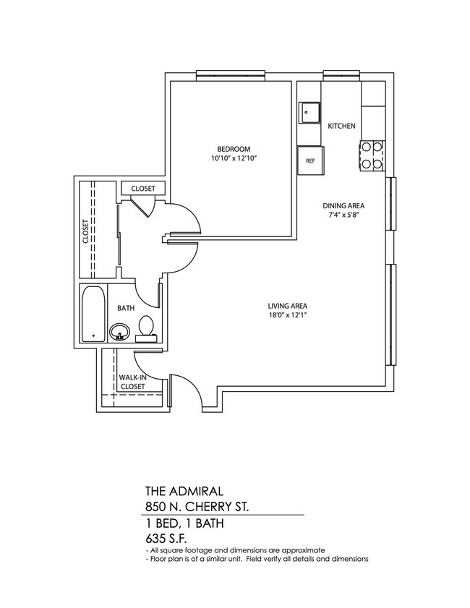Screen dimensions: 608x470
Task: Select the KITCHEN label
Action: tap(341, 126)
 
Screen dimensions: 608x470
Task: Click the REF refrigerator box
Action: tap(311, 160)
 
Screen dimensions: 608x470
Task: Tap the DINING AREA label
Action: tap(342, 205)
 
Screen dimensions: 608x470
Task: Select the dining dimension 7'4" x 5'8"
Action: tap(342, 215)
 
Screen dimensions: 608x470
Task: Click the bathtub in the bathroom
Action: tap(94, 314)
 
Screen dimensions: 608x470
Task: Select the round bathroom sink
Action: tap(120, 333)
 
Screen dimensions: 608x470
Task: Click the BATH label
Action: tap(126, 308)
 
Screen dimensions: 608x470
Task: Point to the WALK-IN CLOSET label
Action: tap(132, 382)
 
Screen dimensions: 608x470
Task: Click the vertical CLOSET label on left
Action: tap(85, 232)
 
